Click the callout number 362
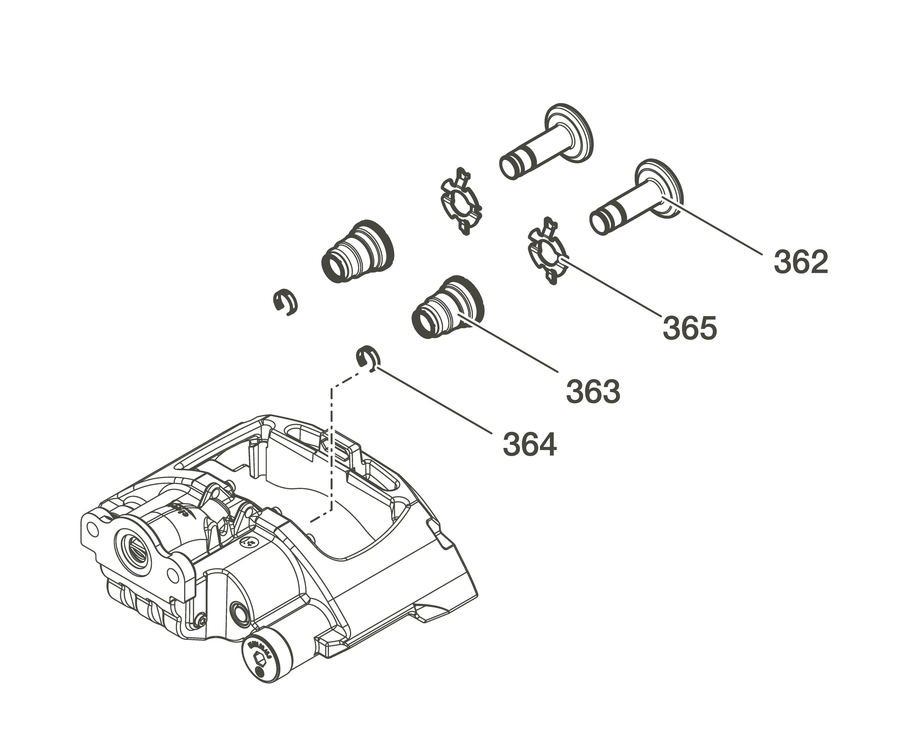(x=801, y=262)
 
